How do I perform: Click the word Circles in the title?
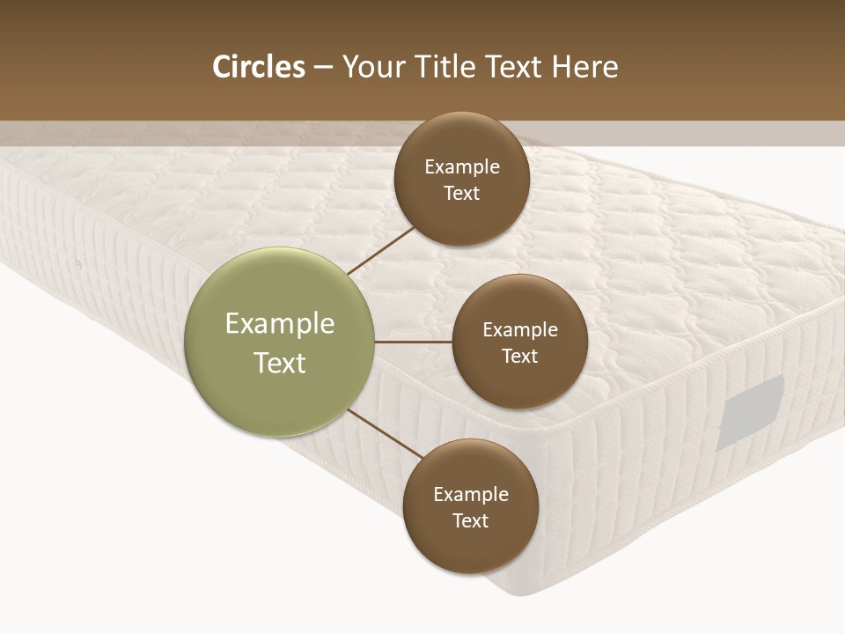(259, 67)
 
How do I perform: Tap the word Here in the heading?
(584, 67)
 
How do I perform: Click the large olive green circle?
(280, 342)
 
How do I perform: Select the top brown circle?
(461, 180)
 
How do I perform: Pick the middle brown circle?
(519, 342)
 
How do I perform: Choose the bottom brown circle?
(470, 507)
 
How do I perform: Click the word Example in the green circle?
(280, 323)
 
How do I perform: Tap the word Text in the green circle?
(280, 363)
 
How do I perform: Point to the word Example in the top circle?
(462, 166)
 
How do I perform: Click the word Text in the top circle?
(461, 193)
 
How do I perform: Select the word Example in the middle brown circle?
(520, 329)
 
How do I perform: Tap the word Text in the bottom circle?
(470, 520)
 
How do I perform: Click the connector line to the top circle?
(381, 250)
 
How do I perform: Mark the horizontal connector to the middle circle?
(414, 342)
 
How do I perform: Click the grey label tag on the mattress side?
(750, 412)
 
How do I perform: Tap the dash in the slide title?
(323, 68)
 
